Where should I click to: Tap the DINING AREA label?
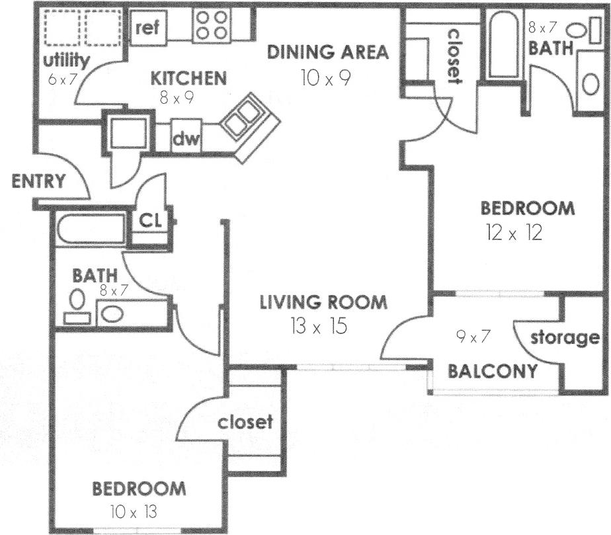click(x=327, y=53)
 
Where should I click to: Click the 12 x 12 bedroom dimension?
click(x=513, y=233)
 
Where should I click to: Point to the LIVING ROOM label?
click(x=323, y=303)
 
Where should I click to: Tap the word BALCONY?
click(x=493, y=371)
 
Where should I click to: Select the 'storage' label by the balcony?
click(x=565, y=338)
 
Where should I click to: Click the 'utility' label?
click(x=66, y=61)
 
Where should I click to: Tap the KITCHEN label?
click(x=188, y=78)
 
